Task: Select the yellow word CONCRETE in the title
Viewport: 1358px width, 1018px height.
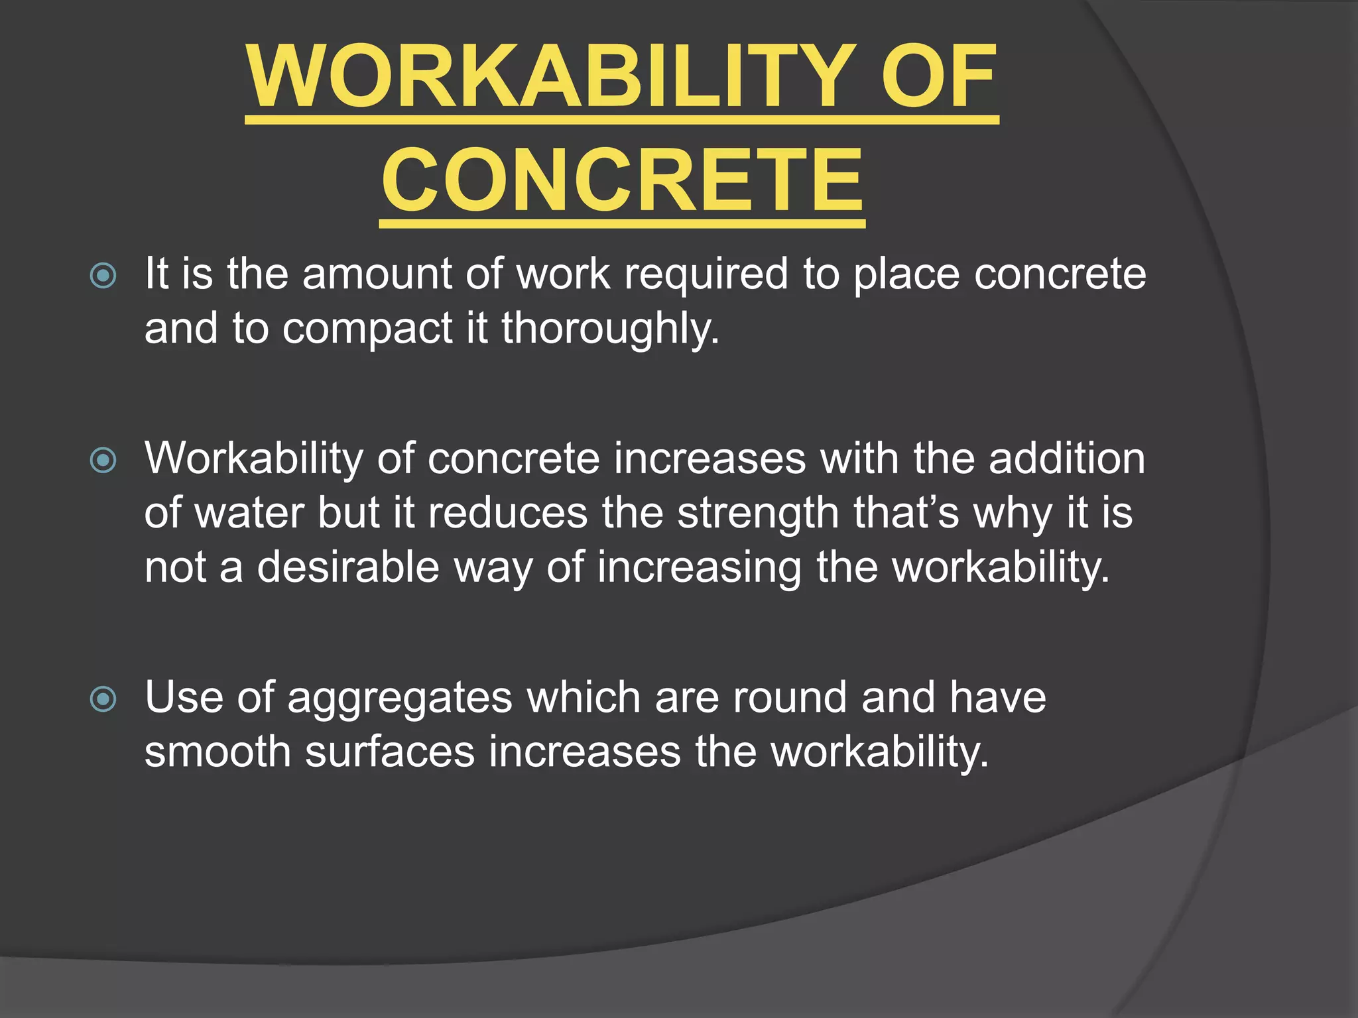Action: click(622, 180)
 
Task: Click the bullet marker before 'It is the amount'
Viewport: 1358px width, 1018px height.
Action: click(103, 276)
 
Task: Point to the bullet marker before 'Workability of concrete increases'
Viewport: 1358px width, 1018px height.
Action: click(103, 460)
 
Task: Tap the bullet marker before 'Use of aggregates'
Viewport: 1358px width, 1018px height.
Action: click(103, 699)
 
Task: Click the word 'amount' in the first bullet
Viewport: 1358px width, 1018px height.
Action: click(377, 274)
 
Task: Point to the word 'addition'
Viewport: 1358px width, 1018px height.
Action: click(1067, 458)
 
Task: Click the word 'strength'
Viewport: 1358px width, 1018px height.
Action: click(757, 513)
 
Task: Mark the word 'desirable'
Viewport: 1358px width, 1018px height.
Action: click(348, 567)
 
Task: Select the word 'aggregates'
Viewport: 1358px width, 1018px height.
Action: click(400, 697)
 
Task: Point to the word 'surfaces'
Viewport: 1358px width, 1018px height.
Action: click(390, 752)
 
